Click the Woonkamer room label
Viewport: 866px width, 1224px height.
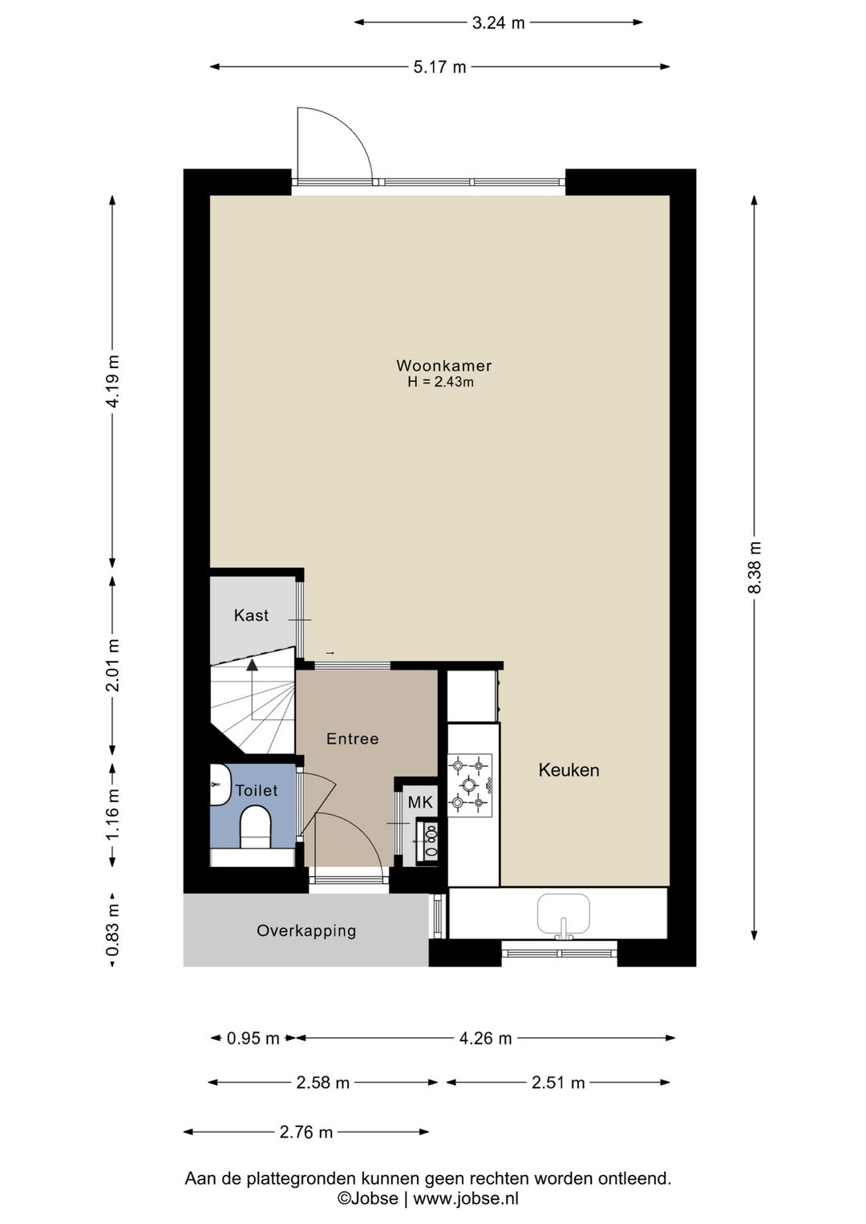pyautogui.click(x=443, y=366)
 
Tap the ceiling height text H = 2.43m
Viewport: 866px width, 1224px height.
pyautogui.click(x=440, y=382)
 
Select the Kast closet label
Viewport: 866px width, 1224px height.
pyautogui.click(x=251, y=615)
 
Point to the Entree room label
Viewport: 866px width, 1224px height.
pyautogui.click(x=352, y=739)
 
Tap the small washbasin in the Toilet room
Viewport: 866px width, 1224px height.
pyautogui.click(x=221, y=784)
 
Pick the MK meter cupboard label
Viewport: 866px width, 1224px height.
pyautogui.click(x=420, y=802)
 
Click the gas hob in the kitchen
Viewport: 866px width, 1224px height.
pyautogui.click(x=470, y=785)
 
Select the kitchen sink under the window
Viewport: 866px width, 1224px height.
pyautogui.click(x=564, y=914)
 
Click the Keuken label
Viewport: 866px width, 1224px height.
pyautogui.click(x=569, y=770)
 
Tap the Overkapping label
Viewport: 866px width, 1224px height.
pyautogui.click(x=306, y=930)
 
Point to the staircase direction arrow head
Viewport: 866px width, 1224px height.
pyautogui.click(x=252, y=664)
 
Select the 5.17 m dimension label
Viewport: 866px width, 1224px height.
pyautogui.click(x=440, y=67)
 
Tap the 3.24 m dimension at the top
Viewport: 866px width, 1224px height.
pyautogui.click(x=498, y=22)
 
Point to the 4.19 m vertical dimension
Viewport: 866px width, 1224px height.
pyautogui.click(x=112, y=380)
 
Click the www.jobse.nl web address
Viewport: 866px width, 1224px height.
pyautogui.click(x=466, y=1210)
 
